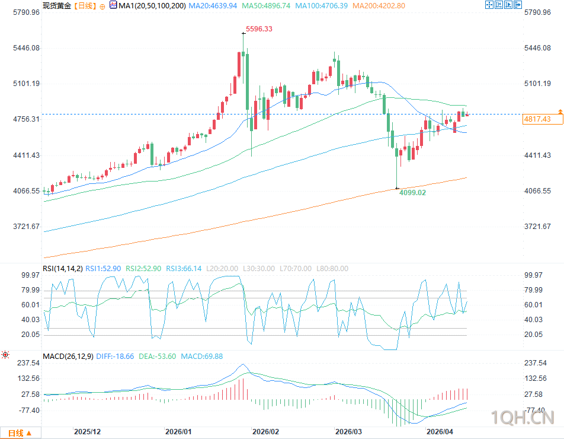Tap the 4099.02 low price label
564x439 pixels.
pyautogui.click(x=413, y=193)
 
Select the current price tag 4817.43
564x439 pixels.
pyautogui.click(x=537, y=119)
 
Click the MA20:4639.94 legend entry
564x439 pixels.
pyautogui.click(x=214, y=6)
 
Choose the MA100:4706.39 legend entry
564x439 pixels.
pyautogui.click(x=323, y=6)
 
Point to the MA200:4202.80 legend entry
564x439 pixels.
pyautogui.click(x=379, y=6)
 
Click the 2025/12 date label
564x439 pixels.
pyautogui.click(x=88, y=432)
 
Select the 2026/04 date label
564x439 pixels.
pyautogui.click(x=440, y=432)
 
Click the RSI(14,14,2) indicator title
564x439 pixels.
pyautogui.click(x=63, y=269)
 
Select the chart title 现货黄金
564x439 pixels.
pyautogui.click(x=57, y=6)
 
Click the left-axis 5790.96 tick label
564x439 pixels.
pyautogui.click(x=22, y=12)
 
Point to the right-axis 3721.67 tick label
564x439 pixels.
pyautogui.click(x=538, y=227)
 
